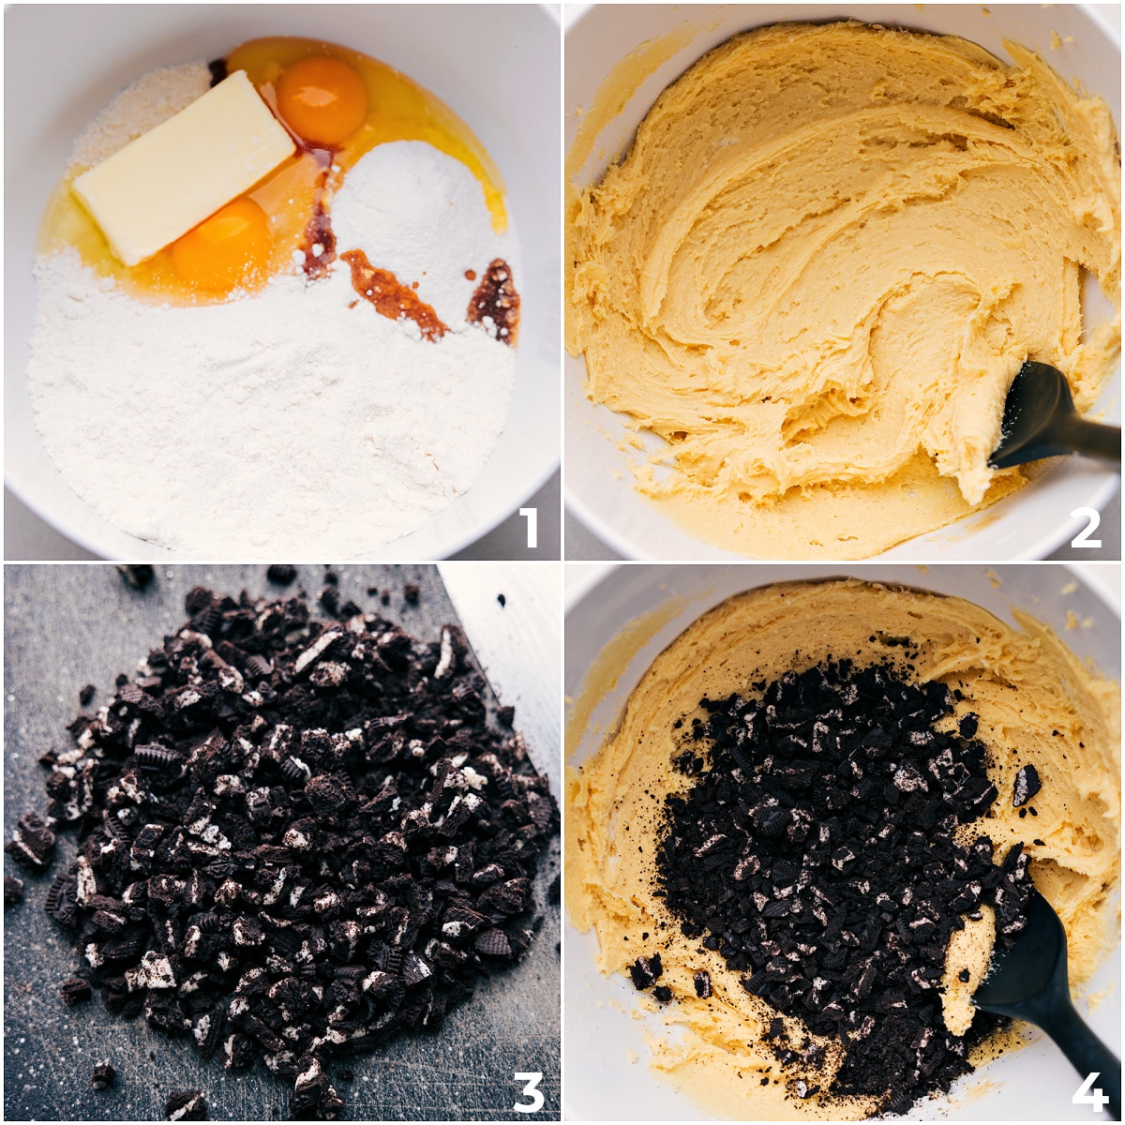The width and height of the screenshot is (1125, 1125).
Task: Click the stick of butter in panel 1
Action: tap(184, 168)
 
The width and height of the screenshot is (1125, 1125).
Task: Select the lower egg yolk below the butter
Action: tap(222, 244)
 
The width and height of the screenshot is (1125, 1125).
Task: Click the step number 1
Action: tap(530, 527)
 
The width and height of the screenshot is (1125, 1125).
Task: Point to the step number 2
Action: tap(1086, 527)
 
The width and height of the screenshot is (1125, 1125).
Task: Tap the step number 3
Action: tap(529, 1091)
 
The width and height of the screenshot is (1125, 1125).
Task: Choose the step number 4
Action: tap(1089, 1089)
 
